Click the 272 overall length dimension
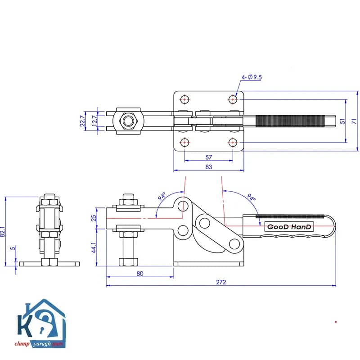tap(221, 282)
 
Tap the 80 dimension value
tap(140, 274)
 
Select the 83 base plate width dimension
tap(209, 167)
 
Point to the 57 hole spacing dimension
tap(209, 157)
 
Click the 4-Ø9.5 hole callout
tap(252, 77)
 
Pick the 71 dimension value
tap(354, 121)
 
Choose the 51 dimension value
tap(342, 121)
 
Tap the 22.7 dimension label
tap(82, 121)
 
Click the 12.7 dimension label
tap(94, 121)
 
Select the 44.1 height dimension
tap(94, 247)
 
